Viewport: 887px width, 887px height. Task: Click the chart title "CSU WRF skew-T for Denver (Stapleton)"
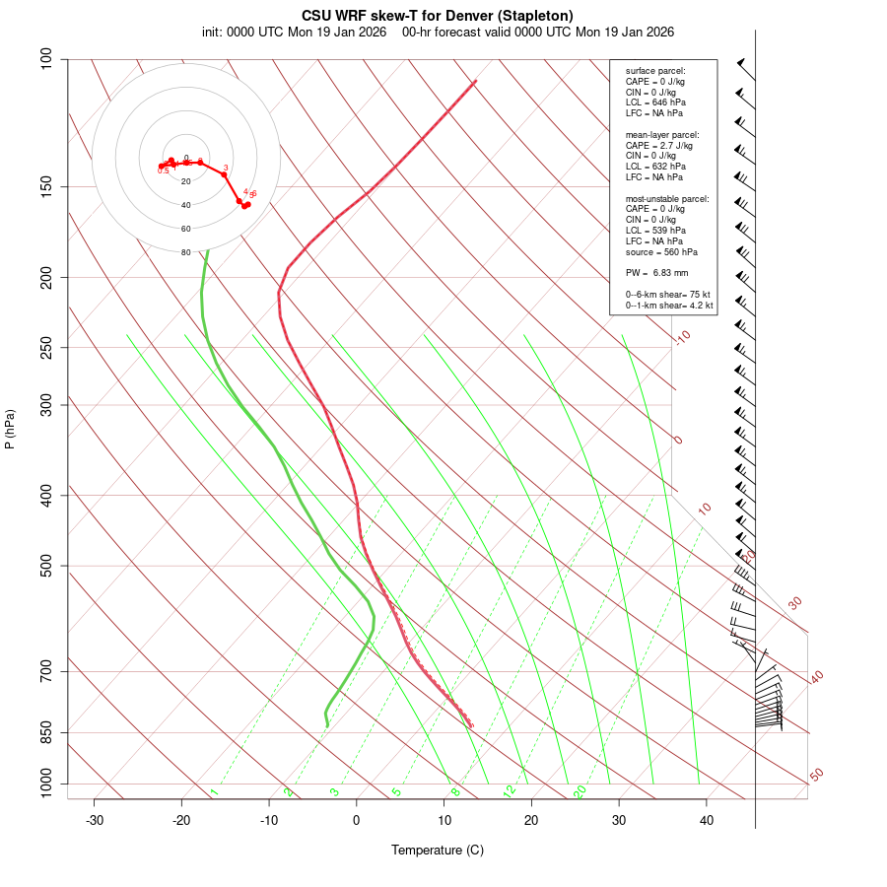click(x=438, y=15)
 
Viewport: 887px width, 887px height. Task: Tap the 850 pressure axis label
click(x=46, y=732)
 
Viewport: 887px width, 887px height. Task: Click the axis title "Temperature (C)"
click(x=438, y=850)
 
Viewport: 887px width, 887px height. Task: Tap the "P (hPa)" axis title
click(x=10, y=429)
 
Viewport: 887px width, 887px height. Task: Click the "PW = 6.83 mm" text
click(x=656, y=272)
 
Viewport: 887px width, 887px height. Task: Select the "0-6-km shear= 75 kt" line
click(x=669, y=295)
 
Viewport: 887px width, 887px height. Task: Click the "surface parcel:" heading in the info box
click(x=655, y=71)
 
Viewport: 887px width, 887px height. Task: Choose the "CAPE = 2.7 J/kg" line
click(x=659, y=145)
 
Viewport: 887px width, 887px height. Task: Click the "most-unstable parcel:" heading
click(x=667, y=199)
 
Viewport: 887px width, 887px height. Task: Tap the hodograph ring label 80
click(x=185, y=252)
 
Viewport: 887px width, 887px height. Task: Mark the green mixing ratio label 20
click(x=580, y=791)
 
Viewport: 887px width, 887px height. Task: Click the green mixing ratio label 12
click(x=510, y=791)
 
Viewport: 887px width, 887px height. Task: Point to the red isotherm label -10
click(x=682, y=337)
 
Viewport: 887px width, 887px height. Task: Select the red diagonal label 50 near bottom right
click(x=816, y=776)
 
